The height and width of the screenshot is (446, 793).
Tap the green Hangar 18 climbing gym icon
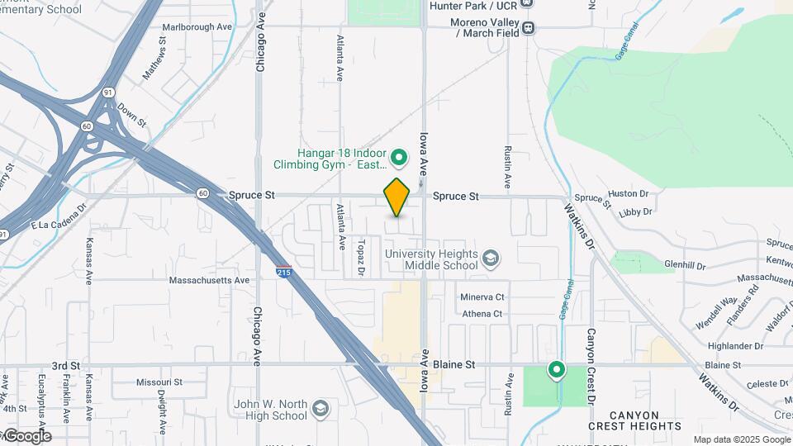399,157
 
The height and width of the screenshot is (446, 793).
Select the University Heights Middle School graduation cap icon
491,259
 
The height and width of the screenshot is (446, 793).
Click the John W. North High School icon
320,408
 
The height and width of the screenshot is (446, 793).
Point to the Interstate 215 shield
283,270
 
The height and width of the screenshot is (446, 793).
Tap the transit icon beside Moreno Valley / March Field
528,27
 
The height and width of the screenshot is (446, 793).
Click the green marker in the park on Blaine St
557,370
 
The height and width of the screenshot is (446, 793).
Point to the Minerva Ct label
482,297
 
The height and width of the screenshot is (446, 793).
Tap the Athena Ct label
482,314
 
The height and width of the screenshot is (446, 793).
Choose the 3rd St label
65,365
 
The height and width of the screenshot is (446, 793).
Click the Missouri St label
159,382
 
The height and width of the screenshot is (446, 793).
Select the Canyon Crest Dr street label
591,366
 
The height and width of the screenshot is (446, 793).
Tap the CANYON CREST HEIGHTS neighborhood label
635,420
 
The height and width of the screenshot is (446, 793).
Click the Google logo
26,436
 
